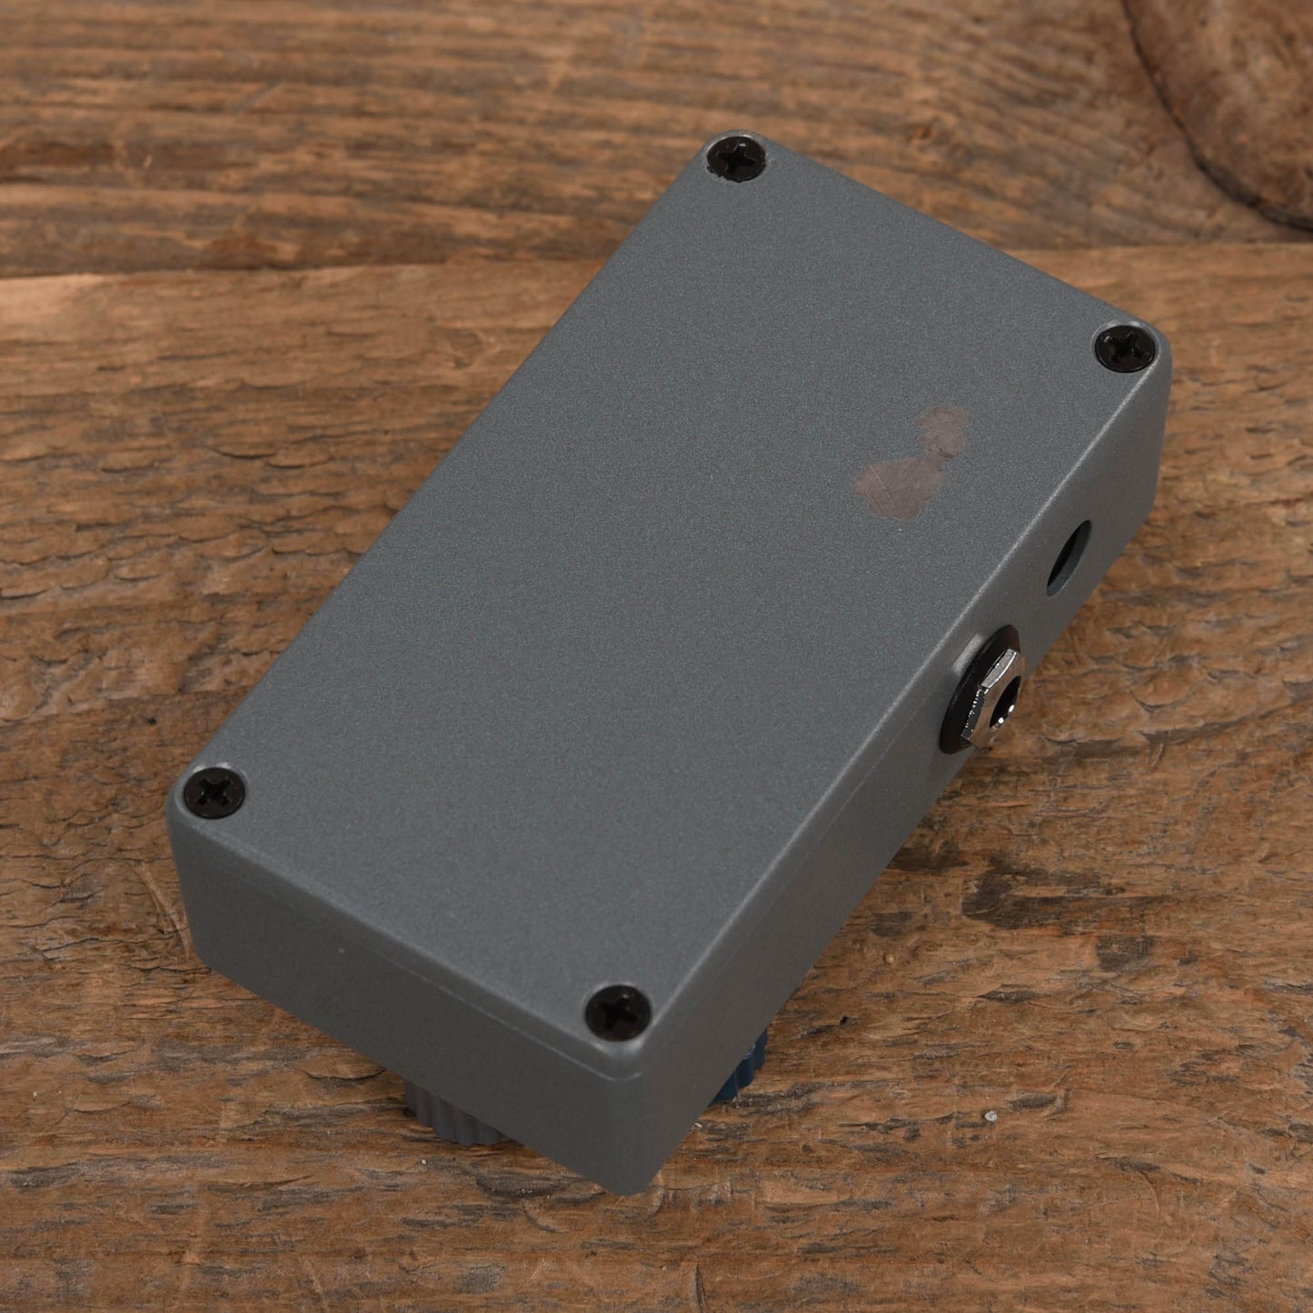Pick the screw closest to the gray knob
pos(618,1010)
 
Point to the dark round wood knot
pos(1227,100)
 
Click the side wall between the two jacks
pos(1036,618)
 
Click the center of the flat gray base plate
pos(663,582)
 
